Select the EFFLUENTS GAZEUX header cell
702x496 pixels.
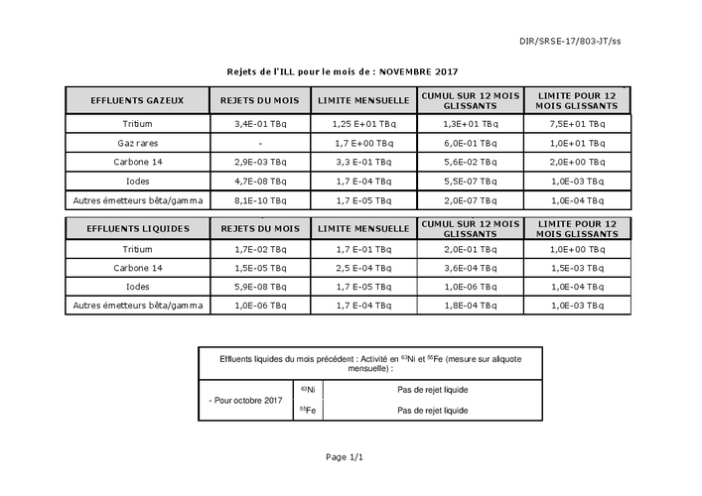tap(137, 101)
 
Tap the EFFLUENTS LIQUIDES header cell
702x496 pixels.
tap(137, 228)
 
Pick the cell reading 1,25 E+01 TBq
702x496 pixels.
tap(363, 125)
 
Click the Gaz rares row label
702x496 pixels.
tap(137, 144)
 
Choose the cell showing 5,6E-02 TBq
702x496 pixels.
tap(470, 163)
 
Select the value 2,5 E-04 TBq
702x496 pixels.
tap(363, 268)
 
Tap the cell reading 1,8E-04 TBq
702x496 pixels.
tap(470, 306)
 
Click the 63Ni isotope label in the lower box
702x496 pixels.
tap(308, 390)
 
